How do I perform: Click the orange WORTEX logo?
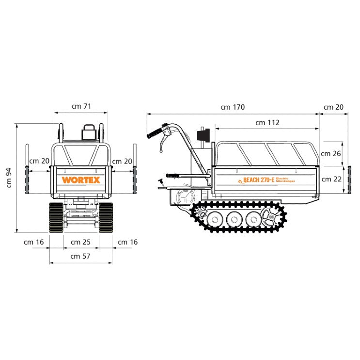pos(81,180)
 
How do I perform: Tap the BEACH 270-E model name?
pos(259,180)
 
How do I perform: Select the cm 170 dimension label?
pos(233,107)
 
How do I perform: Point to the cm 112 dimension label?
pos(267,123)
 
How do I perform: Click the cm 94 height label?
pos(9,178)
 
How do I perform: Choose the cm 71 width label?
pos(81,106)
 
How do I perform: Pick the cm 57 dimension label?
pos(80,256)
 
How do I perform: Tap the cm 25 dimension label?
pos(80,242)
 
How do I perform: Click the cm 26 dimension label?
pos(331,154)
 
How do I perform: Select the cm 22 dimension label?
pos(331,179)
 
